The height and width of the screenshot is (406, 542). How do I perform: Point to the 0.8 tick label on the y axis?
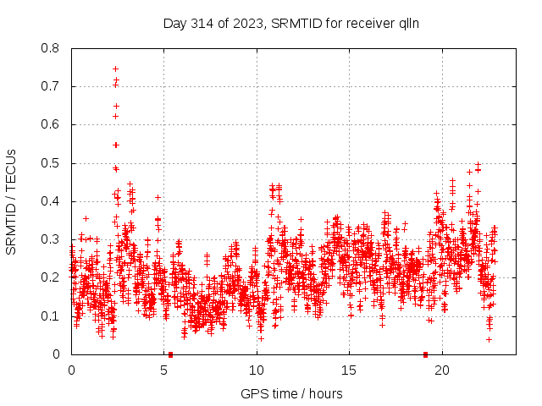(51, 48)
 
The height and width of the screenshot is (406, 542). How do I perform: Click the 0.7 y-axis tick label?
(51, 86)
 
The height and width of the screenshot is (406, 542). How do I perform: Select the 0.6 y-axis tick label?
(51, 124)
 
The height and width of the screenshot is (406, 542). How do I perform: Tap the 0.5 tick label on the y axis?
(51, 163)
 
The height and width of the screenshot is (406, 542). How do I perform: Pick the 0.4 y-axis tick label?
(51, 201)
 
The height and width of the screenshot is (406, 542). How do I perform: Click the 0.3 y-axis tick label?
(51, 239)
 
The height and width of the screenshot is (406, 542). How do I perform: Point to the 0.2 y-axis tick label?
(51, 277)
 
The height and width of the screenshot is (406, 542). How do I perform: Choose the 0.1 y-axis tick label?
(51, 316)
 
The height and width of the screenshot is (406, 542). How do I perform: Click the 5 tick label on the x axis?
(164, 370)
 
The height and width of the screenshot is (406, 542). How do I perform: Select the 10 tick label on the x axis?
(257, 370)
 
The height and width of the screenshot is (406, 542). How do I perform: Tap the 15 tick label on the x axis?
(350, 370)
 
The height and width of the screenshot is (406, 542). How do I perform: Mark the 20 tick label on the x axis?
(442, 370)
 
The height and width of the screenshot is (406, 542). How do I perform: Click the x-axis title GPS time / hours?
(291, 393)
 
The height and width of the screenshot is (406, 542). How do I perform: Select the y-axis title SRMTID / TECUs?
(12, 201)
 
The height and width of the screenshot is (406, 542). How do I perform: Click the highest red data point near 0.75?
(115, 69)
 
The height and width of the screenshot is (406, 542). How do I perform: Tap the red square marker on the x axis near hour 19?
(425, 354)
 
